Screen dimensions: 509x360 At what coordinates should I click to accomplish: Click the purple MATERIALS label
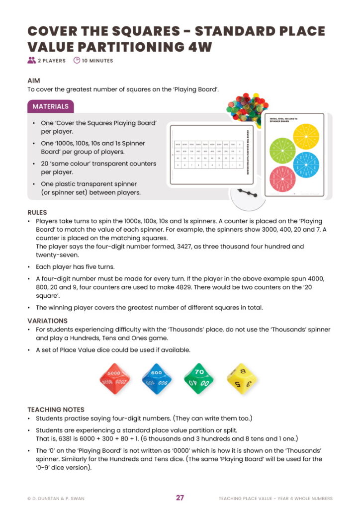pyautogui.click(x=51, y=106)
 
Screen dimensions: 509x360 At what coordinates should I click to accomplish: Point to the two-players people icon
pyautogui.click(x=32, y=61)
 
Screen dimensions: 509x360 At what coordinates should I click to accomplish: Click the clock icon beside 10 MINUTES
pyautogui.click(x=77, y=61)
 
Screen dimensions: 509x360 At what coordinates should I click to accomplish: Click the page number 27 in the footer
pyautogui.click(x=180, y=498)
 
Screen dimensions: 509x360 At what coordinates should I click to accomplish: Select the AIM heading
pyautogui.click(x=34, y=81)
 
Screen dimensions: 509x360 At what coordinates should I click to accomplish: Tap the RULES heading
pyautogui.click(x=37, y=212)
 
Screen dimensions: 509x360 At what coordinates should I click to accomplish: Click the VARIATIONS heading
pyautogui.click(x=47, y=321)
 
